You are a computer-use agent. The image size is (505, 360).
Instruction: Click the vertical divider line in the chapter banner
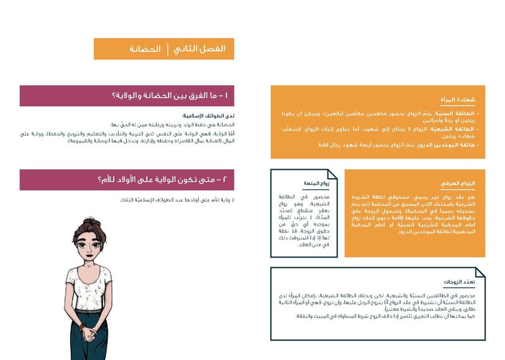point(168,49)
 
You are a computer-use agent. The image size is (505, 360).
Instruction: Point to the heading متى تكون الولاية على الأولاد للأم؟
point(158,180)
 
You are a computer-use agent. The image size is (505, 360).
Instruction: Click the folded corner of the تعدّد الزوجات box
point(480,273)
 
